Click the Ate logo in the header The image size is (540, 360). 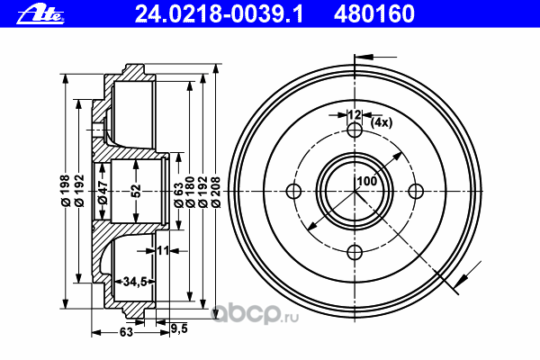tap(40, 15)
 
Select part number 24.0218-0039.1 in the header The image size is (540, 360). tap(219, 14)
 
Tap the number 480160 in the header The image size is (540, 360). tap(374, 14)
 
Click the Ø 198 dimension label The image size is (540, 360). tap(65, 191)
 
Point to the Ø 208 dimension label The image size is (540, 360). tap(216, 192)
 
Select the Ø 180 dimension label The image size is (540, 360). tap(190, 192)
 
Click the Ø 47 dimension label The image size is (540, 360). tap(103, 193)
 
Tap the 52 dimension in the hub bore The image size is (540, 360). tap(137, 191)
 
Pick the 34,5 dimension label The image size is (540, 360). tap(135, 282)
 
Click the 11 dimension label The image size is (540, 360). tap(163, 250)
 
